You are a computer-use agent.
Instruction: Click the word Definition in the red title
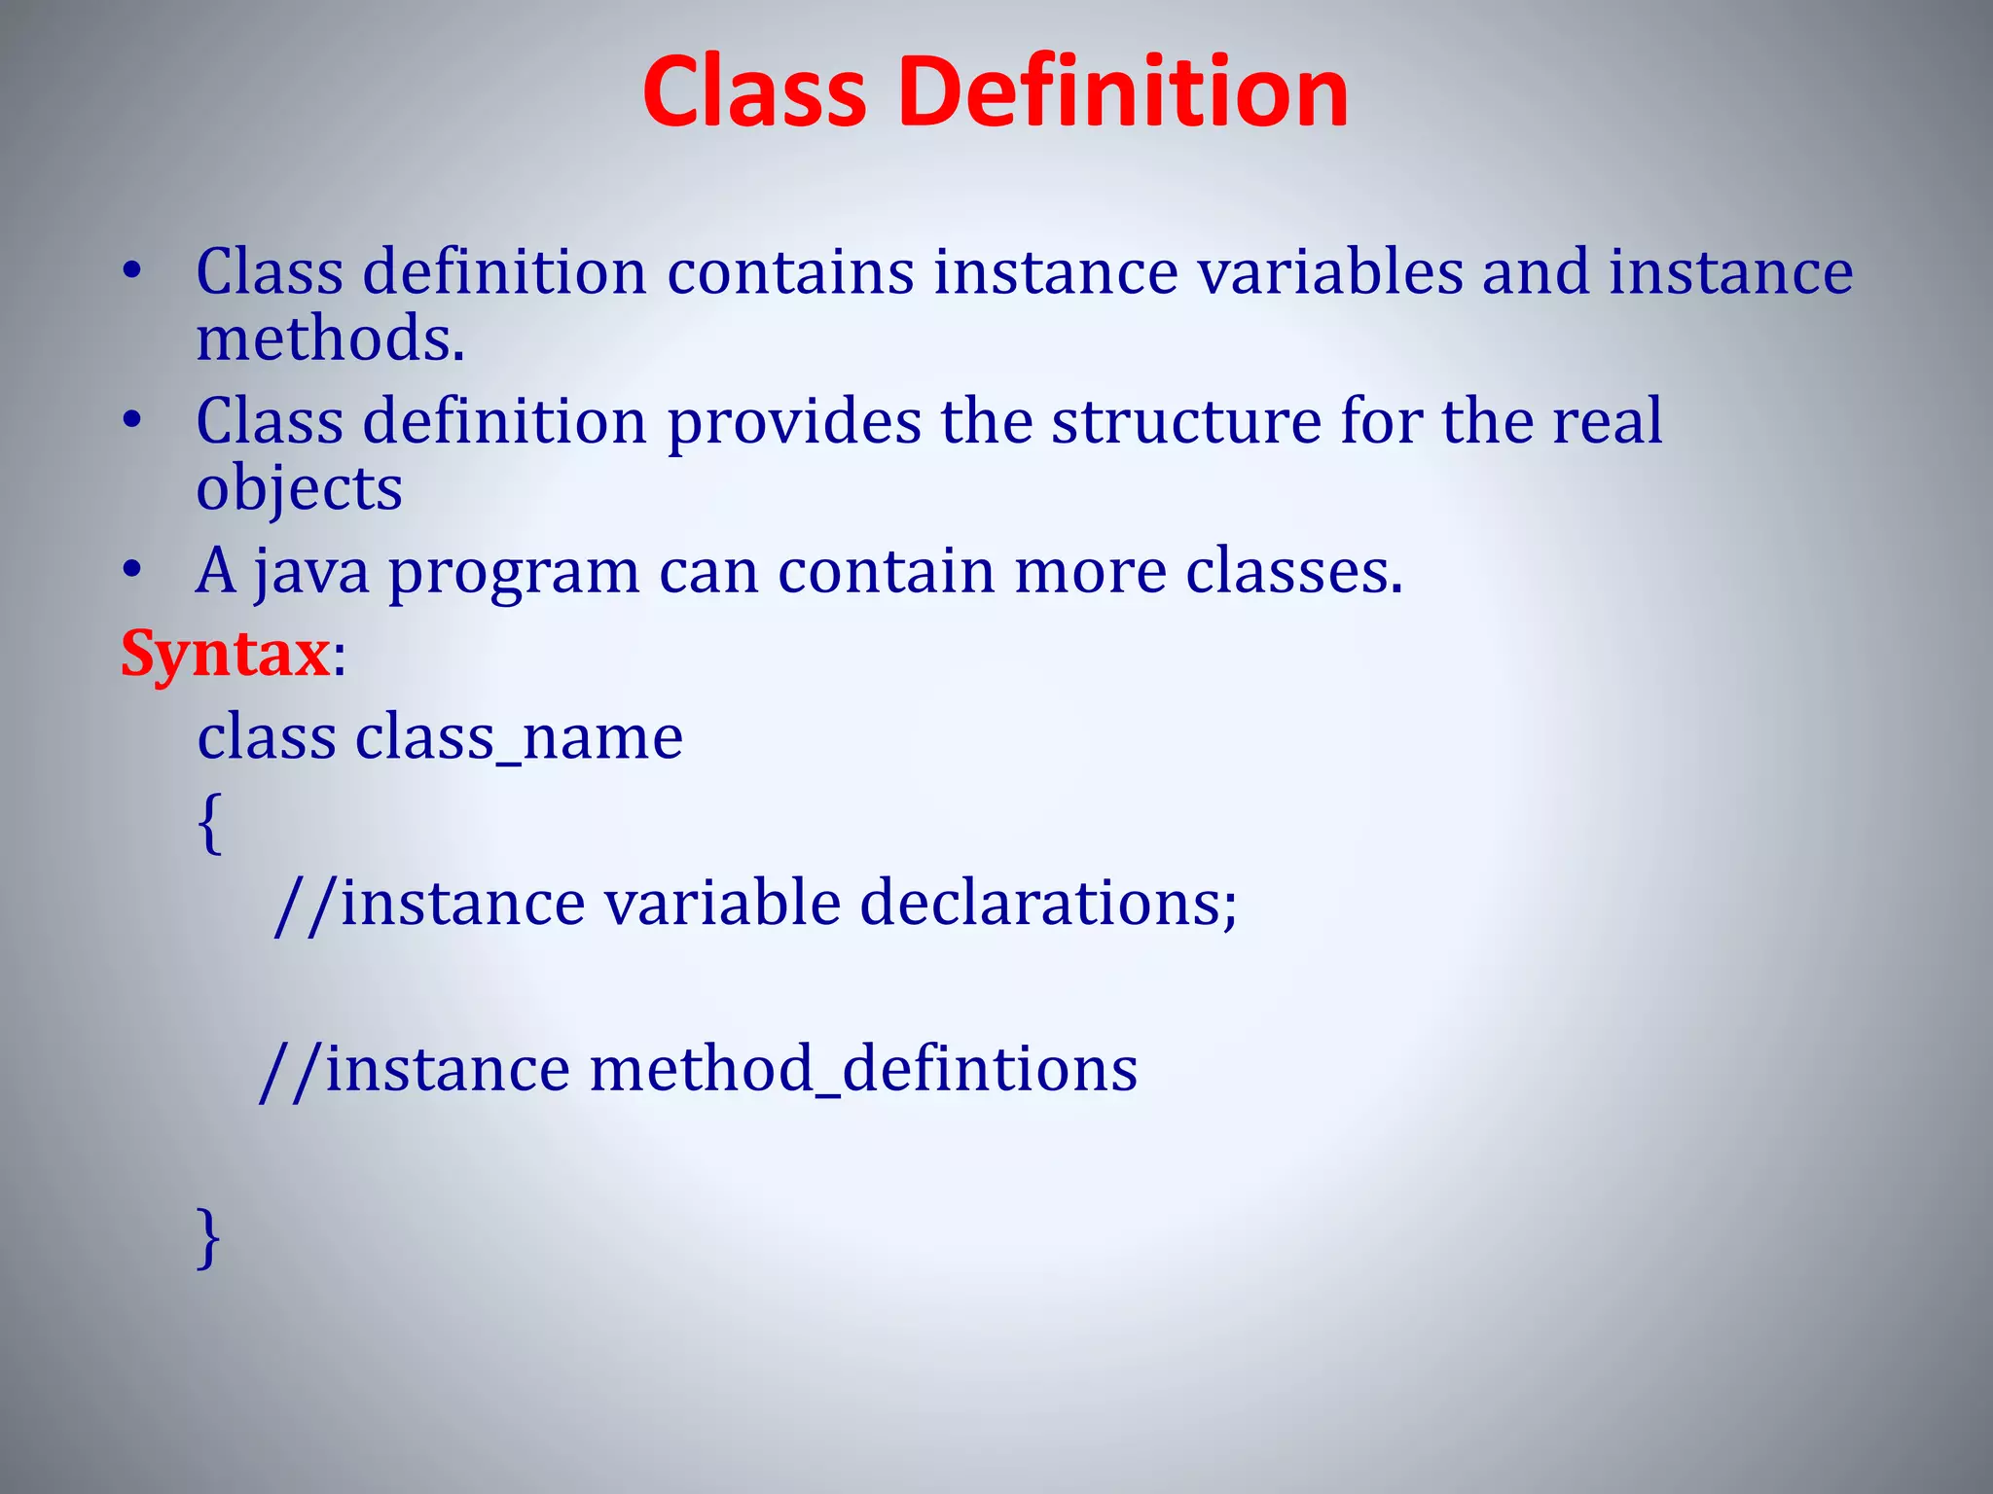pyautogui.click(x=1122, y=92)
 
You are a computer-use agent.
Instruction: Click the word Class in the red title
pyautogui.click(x=754, y=92)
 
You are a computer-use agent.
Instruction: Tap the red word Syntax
pyautogui.click(x=225, y=654)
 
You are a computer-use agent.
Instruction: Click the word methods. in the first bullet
pyautogui.click(x=331, y=339)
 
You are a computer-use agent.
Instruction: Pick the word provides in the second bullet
pyautogui.click(x=794, y=423)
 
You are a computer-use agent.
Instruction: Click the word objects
pyautogui.click(x=299, y=488)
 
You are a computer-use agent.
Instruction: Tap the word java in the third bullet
pyautogui.click(x=312, y=572)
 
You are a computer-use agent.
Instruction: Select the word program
pyautogui.click(x=514, y=574)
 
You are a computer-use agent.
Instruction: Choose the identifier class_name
pyautogui.click(x=519, y=738)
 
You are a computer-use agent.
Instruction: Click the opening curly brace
pyautogui.click(x=209, y=822)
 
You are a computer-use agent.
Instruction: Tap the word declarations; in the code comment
pyautogui.click(x=1048, y=904)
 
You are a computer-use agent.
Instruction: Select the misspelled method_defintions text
pyautogui.click(x=862, y=1070)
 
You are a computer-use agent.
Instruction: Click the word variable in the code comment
pyautogui.click(x=722, y=904)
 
